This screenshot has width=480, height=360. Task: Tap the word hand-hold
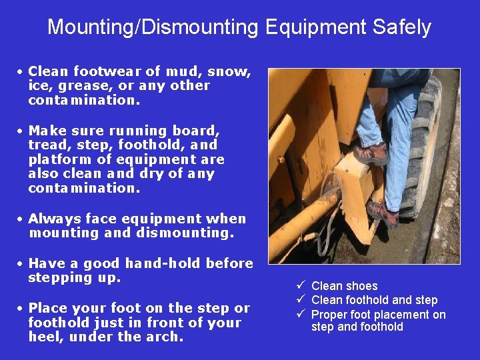163,263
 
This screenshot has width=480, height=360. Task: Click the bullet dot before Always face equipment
21,219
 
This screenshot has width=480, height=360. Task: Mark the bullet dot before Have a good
21,263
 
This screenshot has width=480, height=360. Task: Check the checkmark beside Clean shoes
302,286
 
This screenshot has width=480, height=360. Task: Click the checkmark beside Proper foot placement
302,314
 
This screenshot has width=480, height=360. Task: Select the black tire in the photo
427,147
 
